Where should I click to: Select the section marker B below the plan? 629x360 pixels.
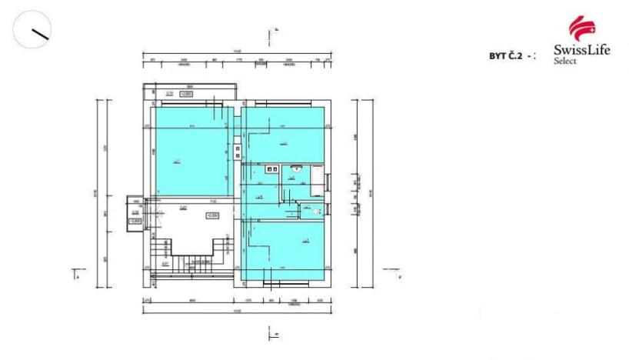click(271, 332)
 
